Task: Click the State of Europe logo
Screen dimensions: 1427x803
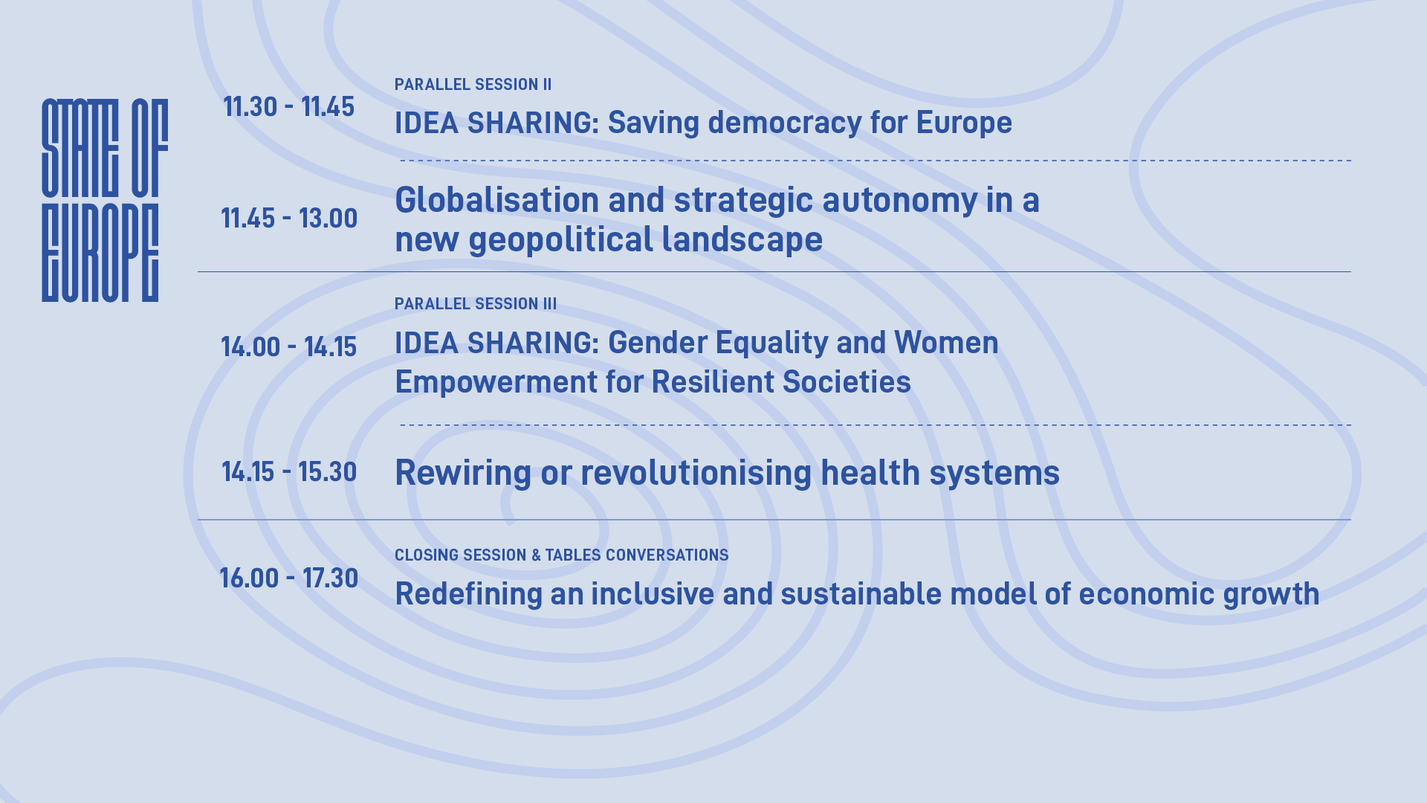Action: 105,200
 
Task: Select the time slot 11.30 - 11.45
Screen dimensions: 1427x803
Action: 289,107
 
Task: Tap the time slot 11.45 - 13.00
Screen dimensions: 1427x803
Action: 289,219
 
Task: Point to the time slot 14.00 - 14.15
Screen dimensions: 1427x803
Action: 289,347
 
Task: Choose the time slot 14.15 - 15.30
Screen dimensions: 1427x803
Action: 289,472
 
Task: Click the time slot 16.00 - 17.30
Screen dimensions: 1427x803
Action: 289,578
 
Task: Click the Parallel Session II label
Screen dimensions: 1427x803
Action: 473,85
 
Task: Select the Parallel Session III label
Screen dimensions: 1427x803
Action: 476,304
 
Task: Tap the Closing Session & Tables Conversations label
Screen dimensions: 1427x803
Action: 562,555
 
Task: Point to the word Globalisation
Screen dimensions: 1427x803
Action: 497,200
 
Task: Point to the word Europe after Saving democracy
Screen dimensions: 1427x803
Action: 964,123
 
